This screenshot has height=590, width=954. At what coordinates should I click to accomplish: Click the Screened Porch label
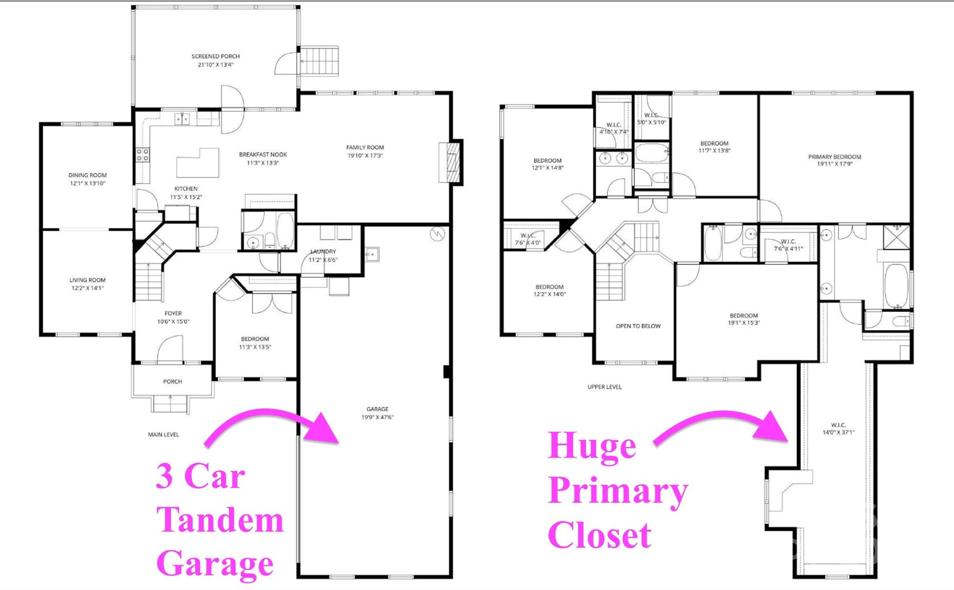(216, 56)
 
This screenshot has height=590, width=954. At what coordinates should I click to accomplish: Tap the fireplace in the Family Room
(450, 162)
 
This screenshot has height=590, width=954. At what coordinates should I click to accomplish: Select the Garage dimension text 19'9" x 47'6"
(377, 417)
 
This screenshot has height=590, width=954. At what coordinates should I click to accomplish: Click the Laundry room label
(323, 252)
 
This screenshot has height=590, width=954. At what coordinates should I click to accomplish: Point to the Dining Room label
(88, 175)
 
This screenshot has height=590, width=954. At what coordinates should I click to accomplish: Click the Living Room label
(88, 280)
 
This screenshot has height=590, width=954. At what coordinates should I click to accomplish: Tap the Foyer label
(173, 313)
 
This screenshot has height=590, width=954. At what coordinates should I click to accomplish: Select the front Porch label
(172, 381)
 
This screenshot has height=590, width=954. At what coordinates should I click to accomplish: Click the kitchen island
(198, 163)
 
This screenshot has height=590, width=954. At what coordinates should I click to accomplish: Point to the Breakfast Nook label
(263, 154)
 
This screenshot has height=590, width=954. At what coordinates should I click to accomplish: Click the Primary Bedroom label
(835, 157)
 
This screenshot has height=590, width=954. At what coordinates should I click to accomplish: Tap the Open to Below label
(638, 326)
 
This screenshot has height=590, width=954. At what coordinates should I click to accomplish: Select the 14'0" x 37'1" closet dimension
(838, 432)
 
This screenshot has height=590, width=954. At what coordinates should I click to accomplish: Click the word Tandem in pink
(220, 520)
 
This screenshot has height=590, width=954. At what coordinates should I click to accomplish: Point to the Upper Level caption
(605, 387)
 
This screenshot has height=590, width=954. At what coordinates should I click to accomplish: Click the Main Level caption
(164, 435)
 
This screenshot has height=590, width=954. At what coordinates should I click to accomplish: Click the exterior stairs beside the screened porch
(319, 61)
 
